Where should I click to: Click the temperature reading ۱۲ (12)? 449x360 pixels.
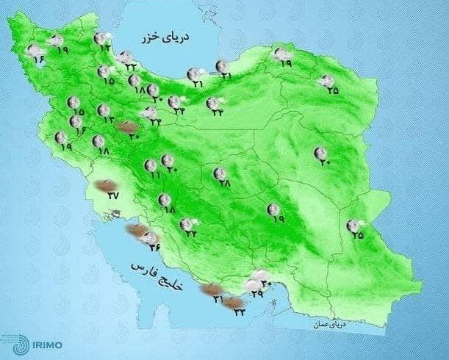(105, 48)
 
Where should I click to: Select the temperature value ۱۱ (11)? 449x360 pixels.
(154, 176)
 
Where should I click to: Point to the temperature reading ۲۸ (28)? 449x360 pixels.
(225, 184)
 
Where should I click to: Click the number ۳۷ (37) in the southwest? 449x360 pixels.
(112, 195)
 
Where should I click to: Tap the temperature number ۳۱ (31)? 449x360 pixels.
(219, 300)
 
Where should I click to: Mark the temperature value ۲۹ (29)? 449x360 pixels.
(257, 294)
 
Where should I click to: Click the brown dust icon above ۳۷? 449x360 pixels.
(107, 184)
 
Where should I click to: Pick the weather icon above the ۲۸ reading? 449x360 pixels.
(219, 173)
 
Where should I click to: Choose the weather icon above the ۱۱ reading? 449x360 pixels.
(151, 165)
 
